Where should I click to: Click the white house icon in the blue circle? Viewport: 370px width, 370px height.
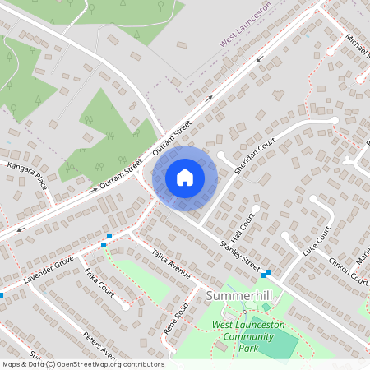click(x=185, y=176)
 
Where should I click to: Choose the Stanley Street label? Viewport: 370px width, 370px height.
click(x=240, y=257)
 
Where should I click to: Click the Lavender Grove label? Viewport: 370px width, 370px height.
click(x=49, y=270)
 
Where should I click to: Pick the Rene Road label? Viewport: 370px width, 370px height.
click(x=177, y=315)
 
